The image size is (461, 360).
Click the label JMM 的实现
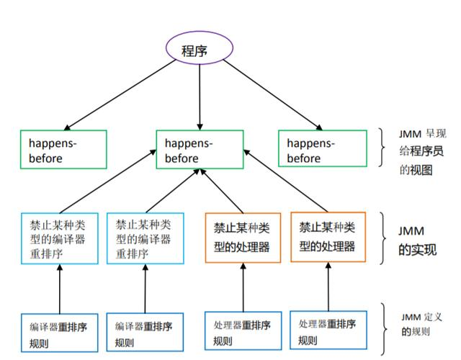coord(418,240)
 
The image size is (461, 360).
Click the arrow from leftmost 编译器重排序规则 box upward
coord(59,288)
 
